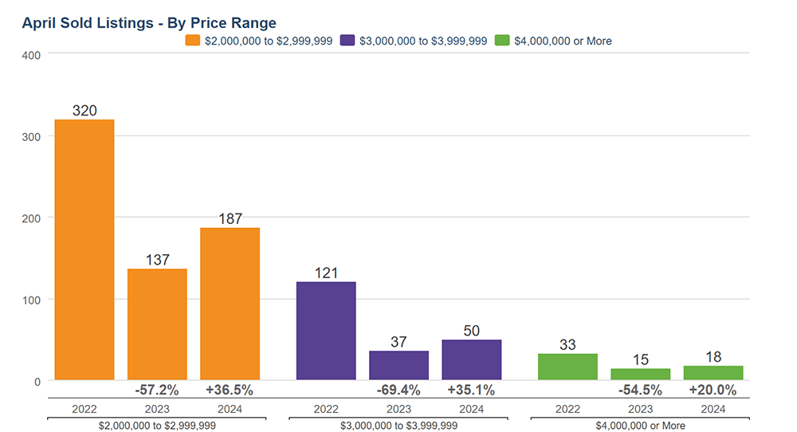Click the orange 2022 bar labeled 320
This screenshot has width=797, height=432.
pos(84,249)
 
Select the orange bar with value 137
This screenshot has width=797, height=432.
pos(157,324)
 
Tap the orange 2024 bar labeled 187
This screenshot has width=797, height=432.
pos(230,304)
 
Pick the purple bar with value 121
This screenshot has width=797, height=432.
pos(326,331)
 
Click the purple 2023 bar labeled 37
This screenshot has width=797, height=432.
pos(398,365)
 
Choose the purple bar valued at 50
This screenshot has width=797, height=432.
pos(471,359)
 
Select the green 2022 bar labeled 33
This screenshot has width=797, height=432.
pos(567,367)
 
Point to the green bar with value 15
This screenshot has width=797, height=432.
pos(640,374)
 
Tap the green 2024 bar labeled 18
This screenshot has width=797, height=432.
pos(713,373)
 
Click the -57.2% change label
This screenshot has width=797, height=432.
pos(157,391)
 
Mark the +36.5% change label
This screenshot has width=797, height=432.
pos(230,391)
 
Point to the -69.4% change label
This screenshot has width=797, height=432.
pos(398,391)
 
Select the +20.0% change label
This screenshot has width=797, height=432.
pos(713,391)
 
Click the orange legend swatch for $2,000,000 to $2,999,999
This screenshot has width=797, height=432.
pos(192,41)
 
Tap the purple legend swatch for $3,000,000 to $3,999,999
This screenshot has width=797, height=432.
pos(347,41)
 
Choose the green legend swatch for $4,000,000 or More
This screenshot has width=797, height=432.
pos(502,41)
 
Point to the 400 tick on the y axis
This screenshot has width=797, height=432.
pos(31,54)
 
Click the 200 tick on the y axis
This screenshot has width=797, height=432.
pos(31,218)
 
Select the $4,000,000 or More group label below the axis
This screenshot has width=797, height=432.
pos(640,426)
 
